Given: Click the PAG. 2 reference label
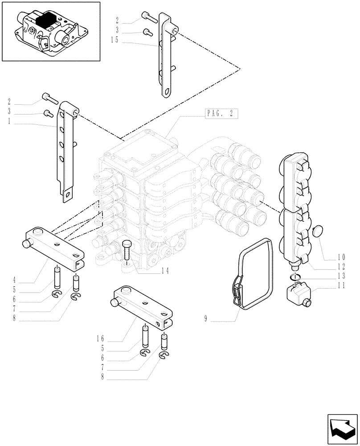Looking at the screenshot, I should [x=220, y=113].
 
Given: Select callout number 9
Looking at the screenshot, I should [x=206, y=318].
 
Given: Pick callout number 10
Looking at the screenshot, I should [x=341, y=257].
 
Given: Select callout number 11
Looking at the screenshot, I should [x=341, y=287].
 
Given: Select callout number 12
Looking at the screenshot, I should [x=341, y=267].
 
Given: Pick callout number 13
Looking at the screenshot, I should [x=341, y=277].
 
